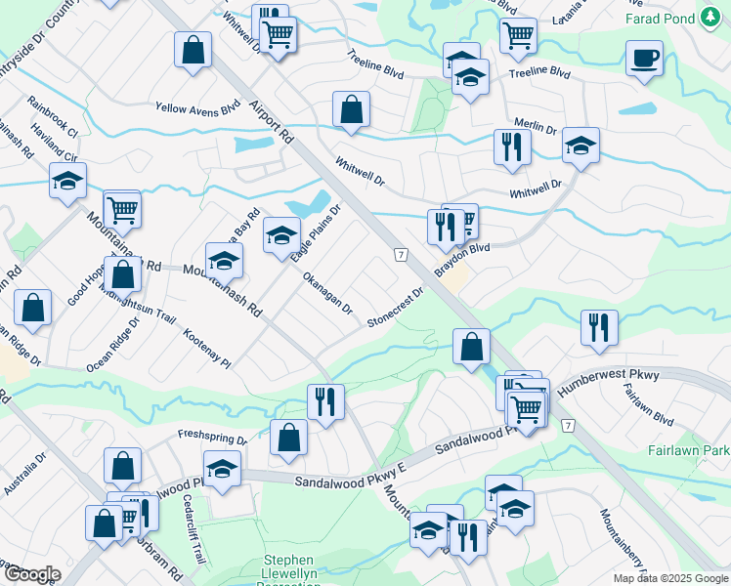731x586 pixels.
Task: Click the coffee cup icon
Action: [x=644, y=59]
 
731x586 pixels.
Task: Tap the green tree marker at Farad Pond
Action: [x=709, y=17]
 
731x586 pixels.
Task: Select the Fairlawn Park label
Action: [x=688, y=451]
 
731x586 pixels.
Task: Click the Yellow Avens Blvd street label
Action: [x=197, y=107]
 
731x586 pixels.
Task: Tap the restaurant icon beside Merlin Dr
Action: [x=512, y=147]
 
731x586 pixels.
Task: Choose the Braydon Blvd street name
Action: [x=461, y=261]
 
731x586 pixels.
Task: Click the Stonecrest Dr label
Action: [x=396, y=307]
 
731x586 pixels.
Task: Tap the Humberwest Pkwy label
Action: [x=608, y=380]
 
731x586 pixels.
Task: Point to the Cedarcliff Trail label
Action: [x=193, y=527]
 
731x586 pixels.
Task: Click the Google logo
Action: [x=31, y=573]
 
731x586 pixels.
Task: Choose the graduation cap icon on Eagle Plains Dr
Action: [x=281, y=235]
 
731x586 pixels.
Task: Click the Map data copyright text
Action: [x=670, y=578]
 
